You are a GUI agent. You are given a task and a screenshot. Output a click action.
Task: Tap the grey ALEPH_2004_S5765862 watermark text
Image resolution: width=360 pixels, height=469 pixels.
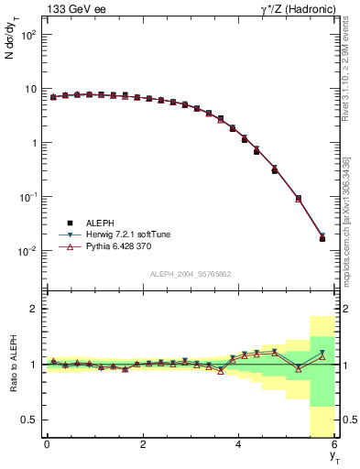190,274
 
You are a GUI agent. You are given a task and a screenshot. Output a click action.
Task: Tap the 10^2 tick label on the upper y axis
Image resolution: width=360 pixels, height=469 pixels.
28,35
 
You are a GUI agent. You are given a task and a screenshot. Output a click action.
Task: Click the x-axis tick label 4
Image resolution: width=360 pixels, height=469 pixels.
238,445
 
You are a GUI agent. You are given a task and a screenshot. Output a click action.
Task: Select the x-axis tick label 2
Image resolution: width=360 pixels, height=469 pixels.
142,445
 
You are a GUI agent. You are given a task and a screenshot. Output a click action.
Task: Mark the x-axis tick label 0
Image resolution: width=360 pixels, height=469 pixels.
47,445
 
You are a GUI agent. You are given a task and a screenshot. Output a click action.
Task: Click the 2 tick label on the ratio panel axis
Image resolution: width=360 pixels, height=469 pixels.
33,310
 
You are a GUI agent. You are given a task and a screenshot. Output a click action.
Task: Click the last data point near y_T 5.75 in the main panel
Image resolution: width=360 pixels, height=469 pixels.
322,238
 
